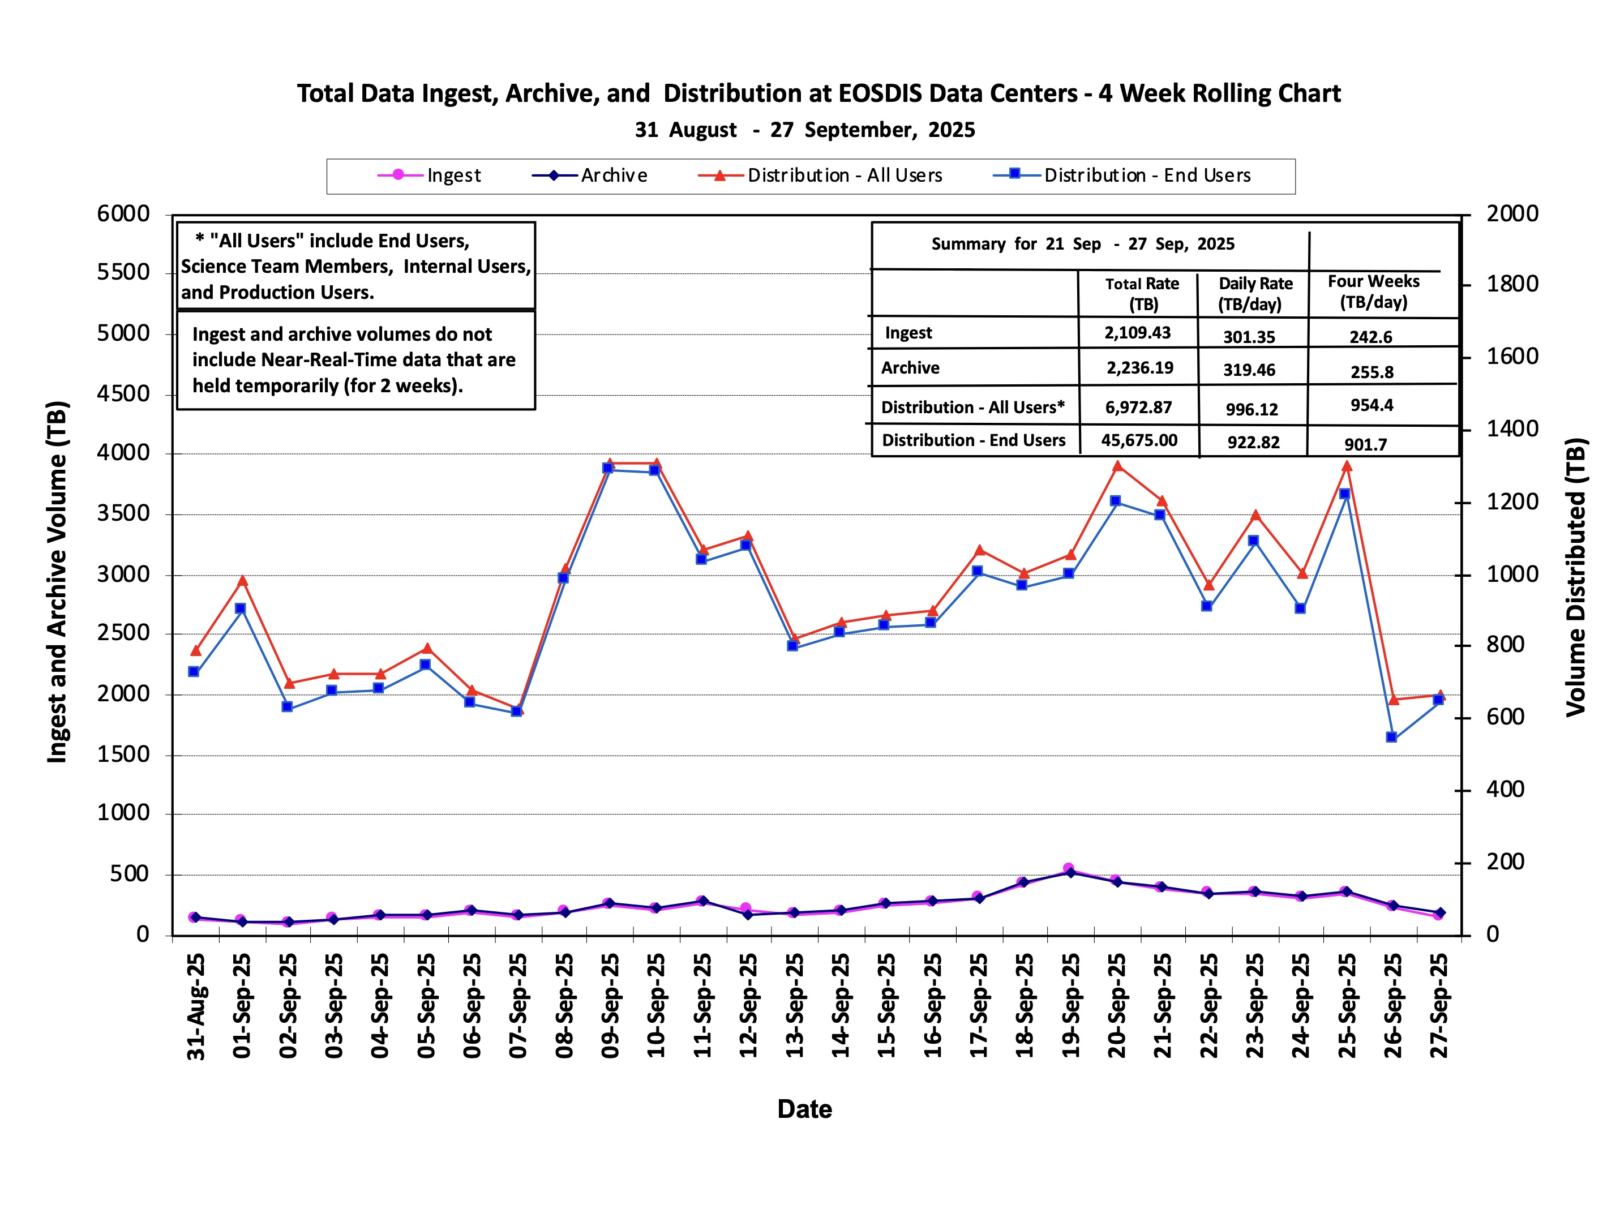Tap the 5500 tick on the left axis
(x=123, y=272)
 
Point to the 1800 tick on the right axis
(x=1512, y=284)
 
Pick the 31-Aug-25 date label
(x=196, y=1006)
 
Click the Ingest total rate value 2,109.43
(x=1137, y=332)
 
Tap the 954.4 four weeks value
(x=1371, y=405)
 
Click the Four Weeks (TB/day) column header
(x=1373, y=292)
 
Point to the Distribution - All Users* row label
(x=972, y=407)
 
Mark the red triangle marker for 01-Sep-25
(x=242, y=581)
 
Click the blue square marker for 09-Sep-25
(x=608, y=469)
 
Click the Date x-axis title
(x=804, y=1109)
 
